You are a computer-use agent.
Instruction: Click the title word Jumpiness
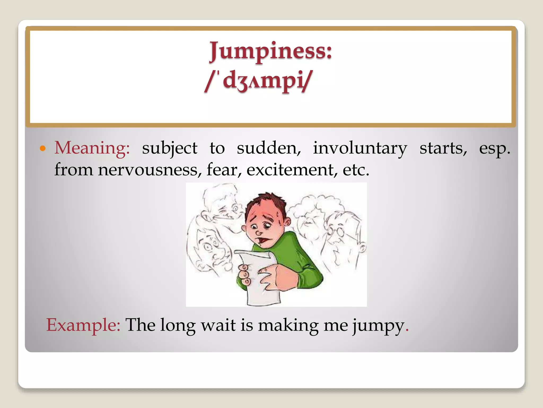(x=270, y=51)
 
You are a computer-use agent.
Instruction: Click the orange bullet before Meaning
(x=42, y=148)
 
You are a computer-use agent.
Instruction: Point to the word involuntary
(x=360, y=148)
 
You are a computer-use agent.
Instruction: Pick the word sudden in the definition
(x=269, y=148)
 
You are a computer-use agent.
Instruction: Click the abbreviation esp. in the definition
(x=494, y=148)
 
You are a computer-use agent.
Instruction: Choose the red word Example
(x=83, y=325)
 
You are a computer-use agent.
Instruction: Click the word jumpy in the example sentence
(x=378, y=325)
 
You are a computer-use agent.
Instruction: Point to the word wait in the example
(x=218, y=325)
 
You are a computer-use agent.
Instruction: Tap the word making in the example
(x=288, y=325)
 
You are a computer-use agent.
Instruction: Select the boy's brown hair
(x=266, y=203)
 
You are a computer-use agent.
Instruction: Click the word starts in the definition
(x=443, y=148)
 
